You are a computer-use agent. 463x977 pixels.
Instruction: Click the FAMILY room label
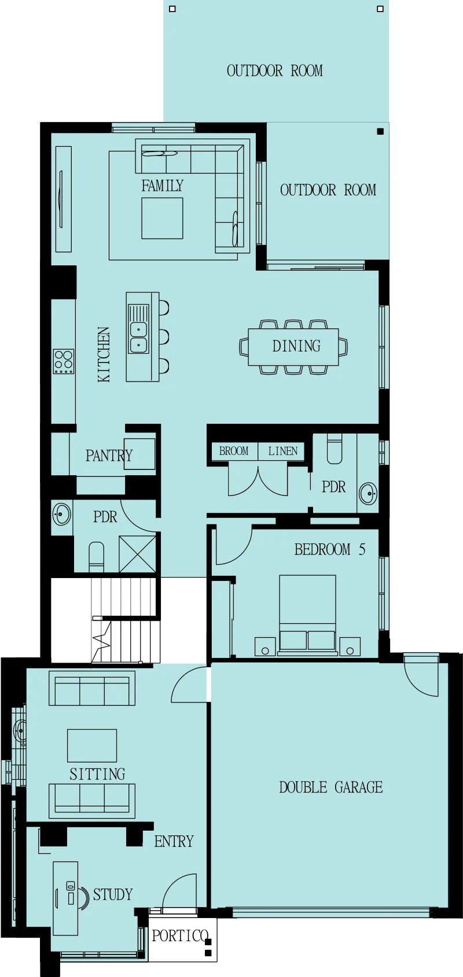tap(162, 186)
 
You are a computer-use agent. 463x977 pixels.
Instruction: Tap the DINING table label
tap(296, 346)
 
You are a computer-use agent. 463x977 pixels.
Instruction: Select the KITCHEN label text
tap(104, 354)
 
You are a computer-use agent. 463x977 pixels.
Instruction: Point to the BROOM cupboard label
tap(234, 451)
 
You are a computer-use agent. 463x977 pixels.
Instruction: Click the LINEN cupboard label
tap(282, 451)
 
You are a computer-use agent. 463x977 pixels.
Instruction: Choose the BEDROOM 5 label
tap(330, 549)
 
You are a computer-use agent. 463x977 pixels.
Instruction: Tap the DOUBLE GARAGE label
tap(330, 787)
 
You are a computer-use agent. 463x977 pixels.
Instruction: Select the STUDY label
tap(113, 894)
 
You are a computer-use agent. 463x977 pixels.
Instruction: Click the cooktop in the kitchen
tap(63, 361)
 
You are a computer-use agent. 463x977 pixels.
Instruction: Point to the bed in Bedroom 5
tap(307, 616)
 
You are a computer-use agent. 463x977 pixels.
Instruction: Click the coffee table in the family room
tap(162, 218)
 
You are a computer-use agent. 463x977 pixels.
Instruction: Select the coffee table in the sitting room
tap(91, 745)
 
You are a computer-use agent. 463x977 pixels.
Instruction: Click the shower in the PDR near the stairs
tap(137, 554)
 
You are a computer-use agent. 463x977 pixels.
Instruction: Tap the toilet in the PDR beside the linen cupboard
tap(335, 449)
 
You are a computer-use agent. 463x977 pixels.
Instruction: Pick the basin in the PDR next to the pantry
tap(61, 515)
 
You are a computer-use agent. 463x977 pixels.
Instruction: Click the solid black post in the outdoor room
tap(380, 131)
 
